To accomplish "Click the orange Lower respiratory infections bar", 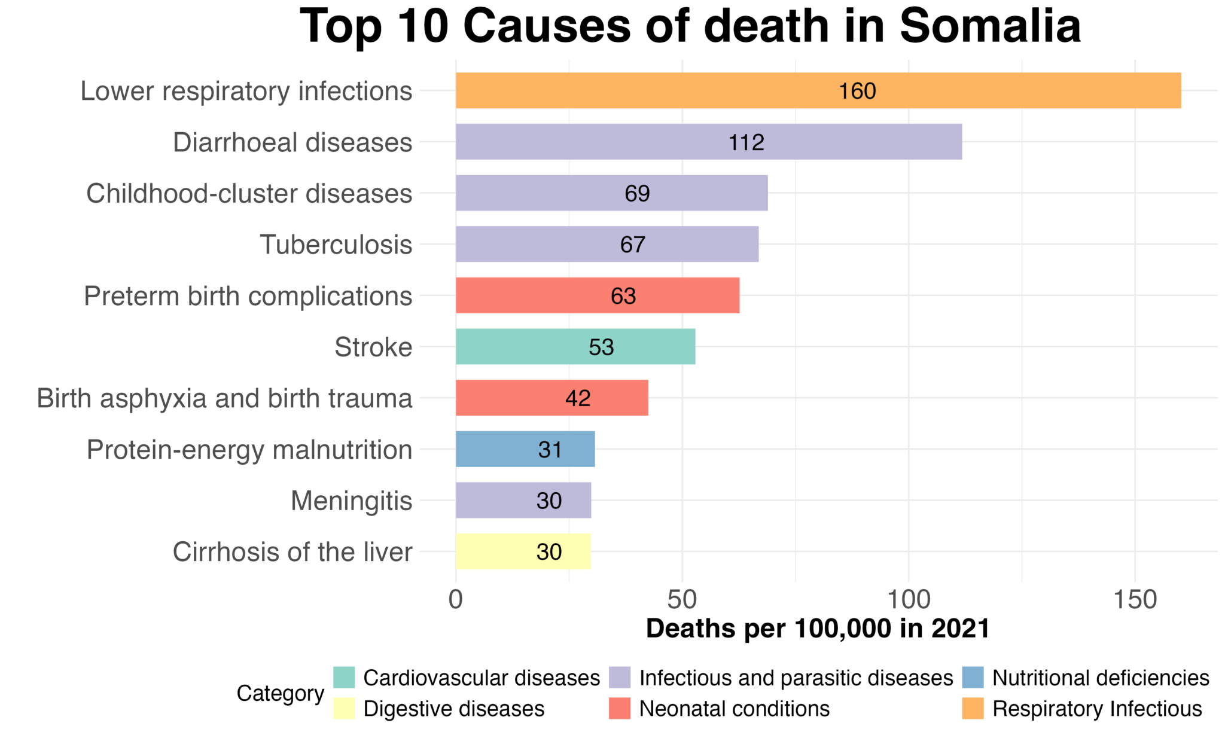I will (658, 90).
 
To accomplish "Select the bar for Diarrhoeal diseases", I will (598, 142).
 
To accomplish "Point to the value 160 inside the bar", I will (857, 91).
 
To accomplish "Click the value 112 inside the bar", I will (746, 142).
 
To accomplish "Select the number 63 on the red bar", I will (623, 296).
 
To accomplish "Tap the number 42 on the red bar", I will (578, 398).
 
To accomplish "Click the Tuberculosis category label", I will (336, 245).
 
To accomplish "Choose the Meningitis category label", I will (351, 501).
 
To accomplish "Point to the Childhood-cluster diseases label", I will (249, 194).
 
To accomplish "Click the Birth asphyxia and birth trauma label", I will (224, 398).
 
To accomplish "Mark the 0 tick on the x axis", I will (456, 599).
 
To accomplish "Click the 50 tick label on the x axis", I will (682, 599).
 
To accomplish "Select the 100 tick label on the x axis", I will (908, 599).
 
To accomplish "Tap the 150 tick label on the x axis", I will (1135, 599).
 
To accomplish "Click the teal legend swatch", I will (344, 678).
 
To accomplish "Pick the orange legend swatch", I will (973, 708).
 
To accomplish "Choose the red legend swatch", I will (619, 708).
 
